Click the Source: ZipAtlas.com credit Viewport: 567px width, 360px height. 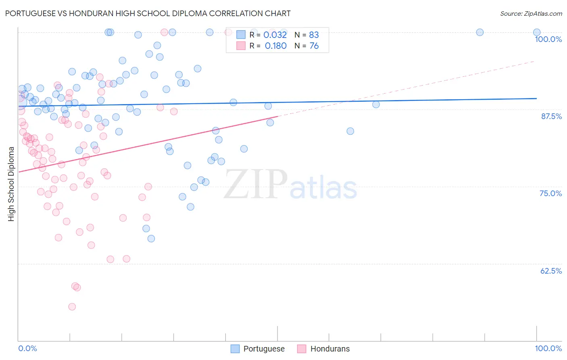click(531, 14)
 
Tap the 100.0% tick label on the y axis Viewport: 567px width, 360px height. click(548, 39)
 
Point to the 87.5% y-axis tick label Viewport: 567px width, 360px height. click(551, 116)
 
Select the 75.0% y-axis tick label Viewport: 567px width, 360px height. click(550, 193)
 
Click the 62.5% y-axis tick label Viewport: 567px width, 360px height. click(551, 271)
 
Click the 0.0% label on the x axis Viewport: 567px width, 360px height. click(27, 348)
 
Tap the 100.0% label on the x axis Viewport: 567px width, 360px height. click(548, 348)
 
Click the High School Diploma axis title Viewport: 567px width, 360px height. click(11, 184)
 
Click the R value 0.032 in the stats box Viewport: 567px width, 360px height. click(275, 35)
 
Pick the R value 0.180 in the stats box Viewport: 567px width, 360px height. click(275, 46)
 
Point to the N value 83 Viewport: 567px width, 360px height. click(314, 35)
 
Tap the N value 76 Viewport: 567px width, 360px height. click(314, 46)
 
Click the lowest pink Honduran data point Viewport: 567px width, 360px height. click(72, 307)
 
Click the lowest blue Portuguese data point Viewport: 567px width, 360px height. click(151, 239)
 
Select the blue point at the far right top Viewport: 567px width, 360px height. click(537, 32)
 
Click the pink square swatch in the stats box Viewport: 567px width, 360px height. click(241, 46)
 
